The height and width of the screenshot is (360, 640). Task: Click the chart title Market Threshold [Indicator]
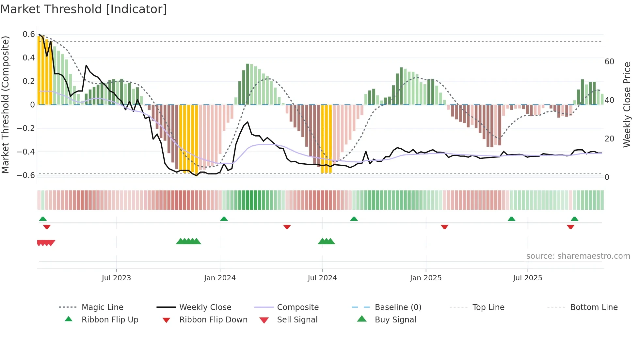point(84,9)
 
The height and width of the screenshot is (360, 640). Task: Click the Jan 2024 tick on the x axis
point(220,278)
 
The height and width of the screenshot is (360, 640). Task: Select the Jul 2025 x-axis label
point(527,278)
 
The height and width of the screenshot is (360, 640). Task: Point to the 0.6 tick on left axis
point(29,34)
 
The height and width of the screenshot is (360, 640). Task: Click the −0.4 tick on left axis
point(26,152)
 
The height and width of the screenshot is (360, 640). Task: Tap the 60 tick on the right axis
point(609,62)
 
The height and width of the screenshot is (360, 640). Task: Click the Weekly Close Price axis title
point(627,105)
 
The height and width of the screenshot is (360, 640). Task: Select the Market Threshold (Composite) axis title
point(5,105)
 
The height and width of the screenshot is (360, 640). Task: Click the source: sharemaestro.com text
point(578,256)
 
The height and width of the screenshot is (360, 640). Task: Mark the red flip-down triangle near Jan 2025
point(444,227)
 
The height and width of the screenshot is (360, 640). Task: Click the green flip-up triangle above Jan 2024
point(224,219)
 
